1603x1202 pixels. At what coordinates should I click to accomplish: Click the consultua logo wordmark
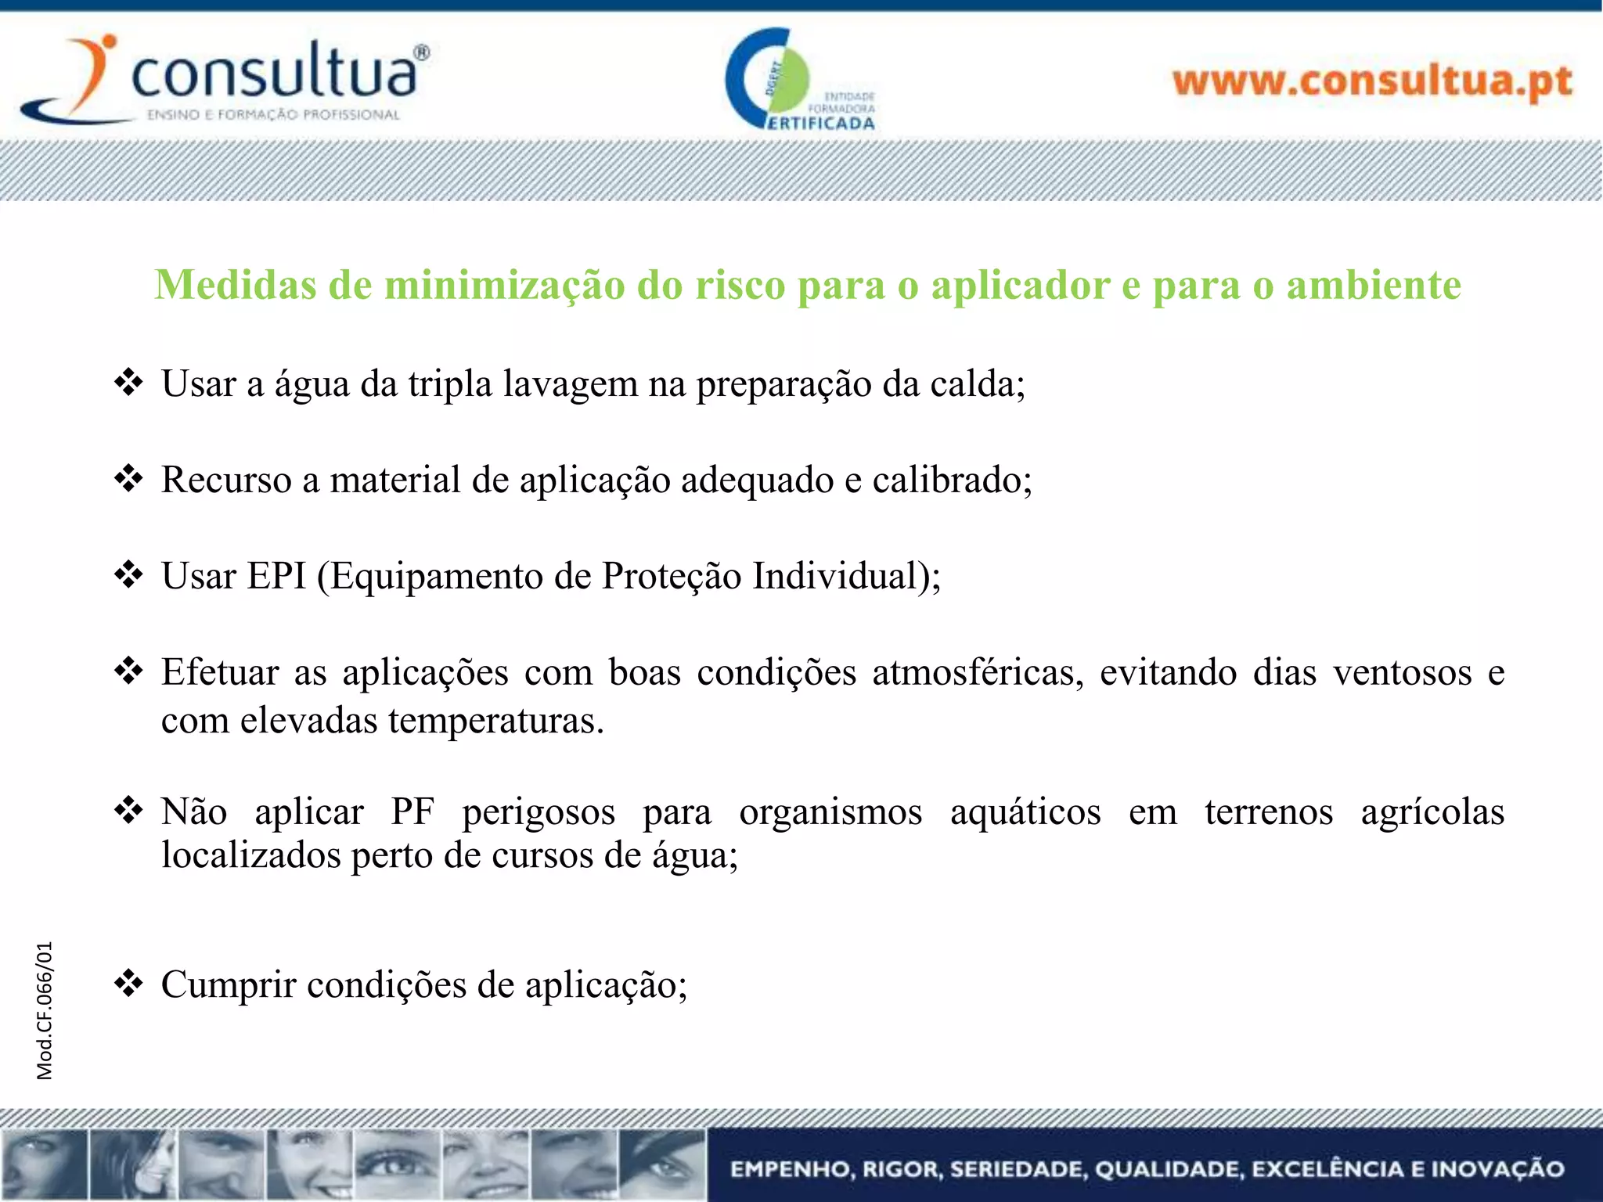point(274,74)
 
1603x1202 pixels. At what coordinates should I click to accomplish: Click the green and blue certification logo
point(798,80)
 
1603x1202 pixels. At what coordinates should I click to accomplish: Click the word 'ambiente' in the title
point(1374,285)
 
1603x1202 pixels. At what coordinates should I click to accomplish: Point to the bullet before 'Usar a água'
point(128,383)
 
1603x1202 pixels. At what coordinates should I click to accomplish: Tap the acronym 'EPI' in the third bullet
point(276,576)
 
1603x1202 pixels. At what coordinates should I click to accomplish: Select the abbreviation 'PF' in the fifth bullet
point(412,812)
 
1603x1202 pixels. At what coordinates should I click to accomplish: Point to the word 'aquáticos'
point(1025,812)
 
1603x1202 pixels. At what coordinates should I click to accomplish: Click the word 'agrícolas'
point(1432,812)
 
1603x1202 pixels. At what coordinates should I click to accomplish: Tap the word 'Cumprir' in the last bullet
point(229,984)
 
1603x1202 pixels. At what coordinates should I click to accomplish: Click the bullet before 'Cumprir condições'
point(128,983)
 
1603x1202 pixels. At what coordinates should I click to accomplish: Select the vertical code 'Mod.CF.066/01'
point(45,1010)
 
